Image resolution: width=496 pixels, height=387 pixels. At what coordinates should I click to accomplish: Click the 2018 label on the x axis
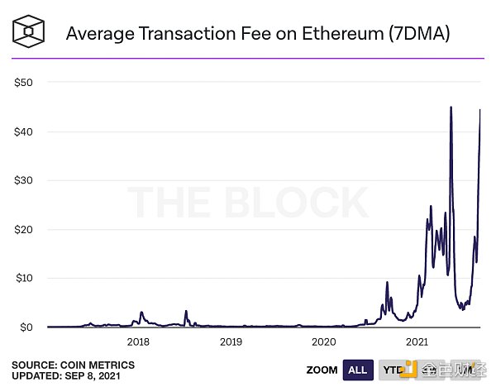138,342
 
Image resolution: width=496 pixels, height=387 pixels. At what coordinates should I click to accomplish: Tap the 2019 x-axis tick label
231,342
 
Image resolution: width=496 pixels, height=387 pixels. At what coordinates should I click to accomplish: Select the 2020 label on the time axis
324,342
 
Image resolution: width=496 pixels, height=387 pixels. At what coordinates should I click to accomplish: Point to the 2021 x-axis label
417,342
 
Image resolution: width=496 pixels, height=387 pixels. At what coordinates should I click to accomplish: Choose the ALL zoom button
358,370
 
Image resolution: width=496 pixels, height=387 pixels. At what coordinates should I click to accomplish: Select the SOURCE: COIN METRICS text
73,365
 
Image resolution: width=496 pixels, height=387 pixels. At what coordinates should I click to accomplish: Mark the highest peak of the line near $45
451,107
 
